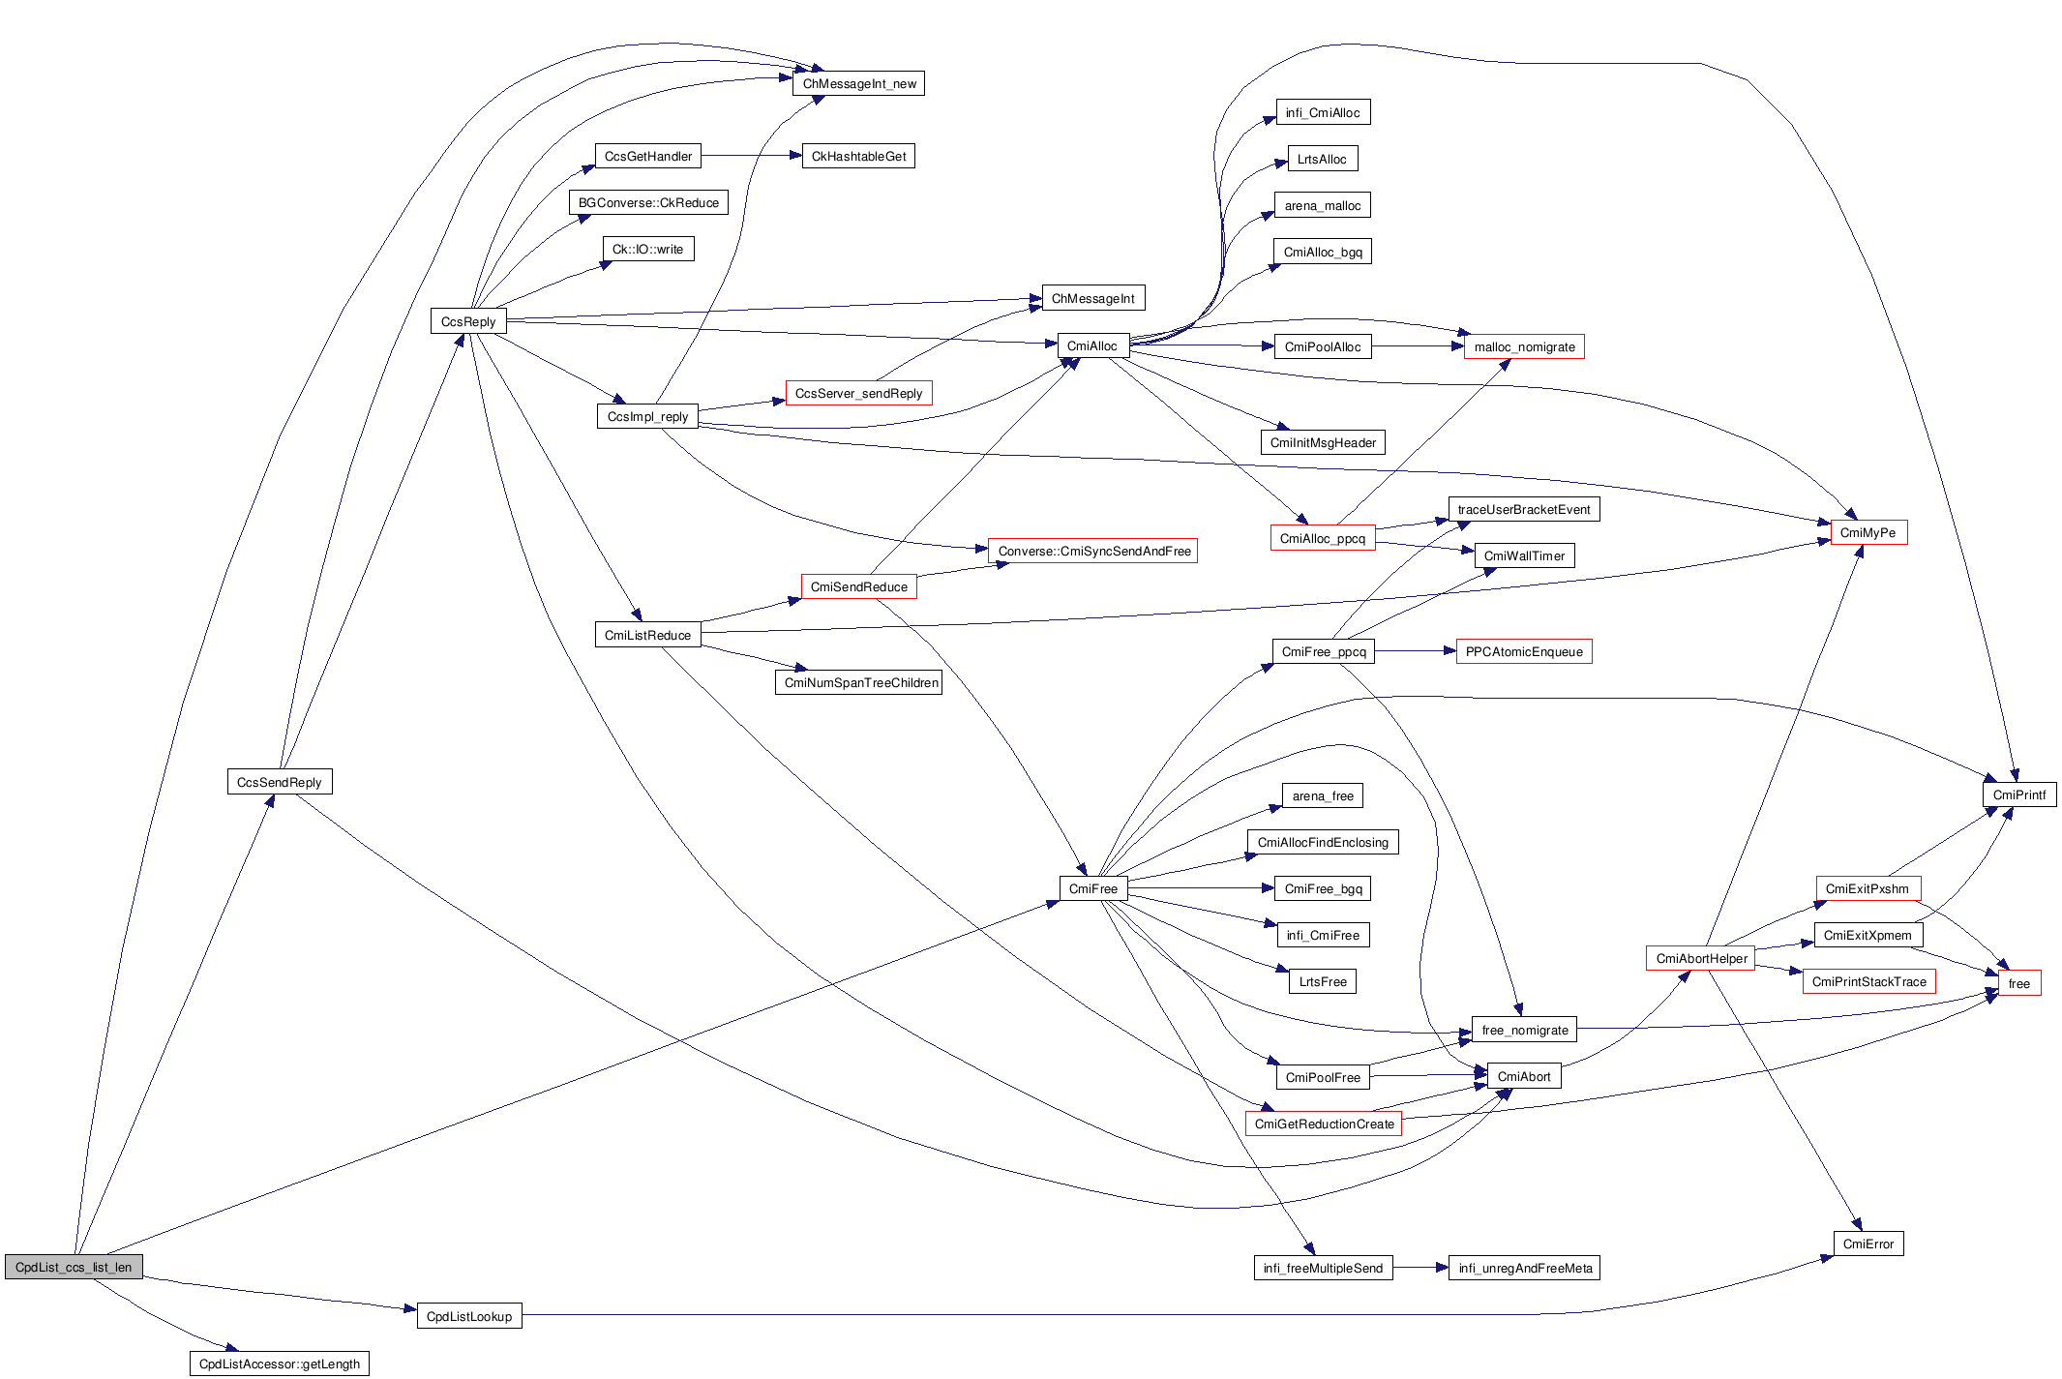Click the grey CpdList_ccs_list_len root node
tap(74, 1267)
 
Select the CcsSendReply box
tap(280, 782)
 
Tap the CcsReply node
tap(468, 321)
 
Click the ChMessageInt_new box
tap(859, 83)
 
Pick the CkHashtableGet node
tap(858, 156)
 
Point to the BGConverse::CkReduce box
tap(648, 202)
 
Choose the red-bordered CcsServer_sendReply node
tap(858, 393)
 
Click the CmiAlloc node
tap(1092, 345)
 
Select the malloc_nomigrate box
tap(1524, 346)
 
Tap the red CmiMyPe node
tap(1868, 532)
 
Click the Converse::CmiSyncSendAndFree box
tap(1093, 551)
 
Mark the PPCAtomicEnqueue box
tap(1524, 651)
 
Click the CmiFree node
tap(1093, 888)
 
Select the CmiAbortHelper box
tap(1701, 958)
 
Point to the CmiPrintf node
tap(2019, 794)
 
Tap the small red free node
tap(2019, 983)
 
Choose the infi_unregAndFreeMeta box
tap(1525, 1268)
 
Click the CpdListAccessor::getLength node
tap(279, 1364)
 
